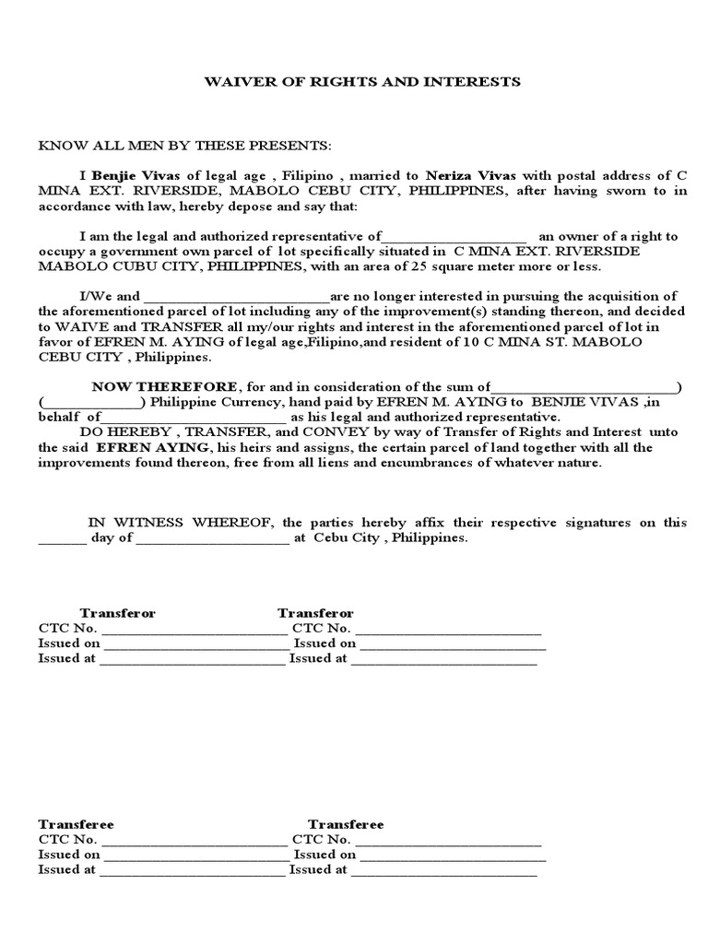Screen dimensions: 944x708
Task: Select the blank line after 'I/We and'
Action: click(x=237, y=297)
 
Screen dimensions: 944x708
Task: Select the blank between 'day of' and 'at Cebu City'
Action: click(x=212, y=538)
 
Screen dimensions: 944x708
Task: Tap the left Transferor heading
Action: click(x=117, y=613)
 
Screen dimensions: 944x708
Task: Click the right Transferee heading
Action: click(x=346, y=824)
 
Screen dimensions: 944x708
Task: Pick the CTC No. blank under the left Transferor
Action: click(x=194, y=629)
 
